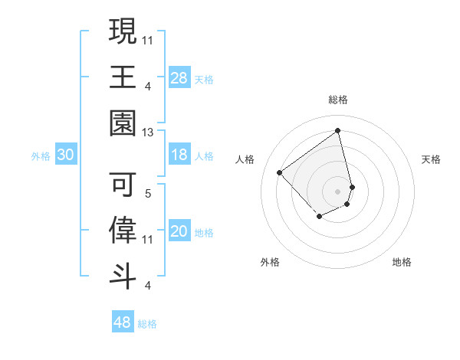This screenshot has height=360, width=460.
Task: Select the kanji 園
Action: click(x=123, y=123)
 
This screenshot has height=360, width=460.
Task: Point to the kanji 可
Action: click(x=123, y=183)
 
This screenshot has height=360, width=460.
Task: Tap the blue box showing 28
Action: click(x=179, y=78)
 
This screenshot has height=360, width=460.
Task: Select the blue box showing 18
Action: click(x=179, y=155)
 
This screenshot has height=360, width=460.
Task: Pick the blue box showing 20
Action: click(x=179, y=232)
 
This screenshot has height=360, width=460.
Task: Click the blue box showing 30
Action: click(x=66, y=155)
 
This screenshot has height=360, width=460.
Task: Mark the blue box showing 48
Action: click(x=123, y=322)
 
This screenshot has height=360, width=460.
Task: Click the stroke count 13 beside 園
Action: click(x=148, y=133)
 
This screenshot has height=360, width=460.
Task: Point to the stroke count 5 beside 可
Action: click(x=148, y=194)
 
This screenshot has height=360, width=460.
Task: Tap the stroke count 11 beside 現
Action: click(x=148, y=38)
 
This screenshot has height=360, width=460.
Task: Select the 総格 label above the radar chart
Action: click(x=338, y=100)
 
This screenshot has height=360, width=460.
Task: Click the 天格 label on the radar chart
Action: click(x=432, y=159)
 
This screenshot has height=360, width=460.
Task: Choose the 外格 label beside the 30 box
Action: click(x=41, y=156)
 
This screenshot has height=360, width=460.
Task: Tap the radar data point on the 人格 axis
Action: click(x=280, y=172)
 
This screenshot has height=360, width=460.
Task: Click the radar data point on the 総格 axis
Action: click(x=338, y=130)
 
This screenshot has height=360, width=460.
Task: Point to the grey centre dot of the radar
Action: click(x=338, y=191)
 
